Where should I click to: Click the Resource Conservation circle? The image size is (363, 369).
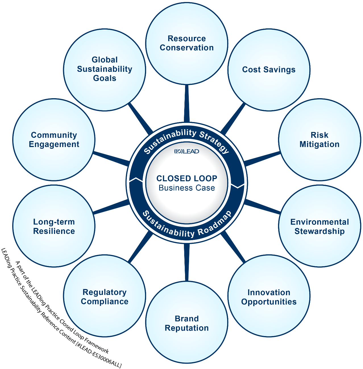[186, 43]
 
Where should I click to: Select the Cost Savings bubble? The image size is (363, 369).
[269, 70]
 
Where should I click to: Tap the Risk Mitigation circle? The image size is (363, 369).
[319, 139]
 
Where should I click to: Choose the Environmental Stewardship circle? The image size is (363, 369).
[319, 226]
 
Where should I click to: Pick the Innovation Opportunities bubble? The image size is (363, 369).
[269, 297]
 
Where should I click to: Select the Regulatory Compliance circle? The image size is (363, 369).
[104, 297]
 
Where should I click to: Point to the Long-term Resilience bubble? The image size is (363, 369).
[54, 226]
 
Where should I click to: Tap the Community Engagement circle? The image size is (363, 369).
[54, 139]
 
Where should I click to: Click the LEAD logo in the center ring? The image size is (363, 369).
[187, 152]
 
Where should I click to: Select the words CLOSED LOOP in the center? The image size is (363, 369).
[187, 179]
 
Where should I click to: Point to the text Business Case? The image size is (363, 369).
[187, 188]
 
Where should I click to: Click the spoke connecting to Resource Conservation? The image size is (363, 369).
[186, 104]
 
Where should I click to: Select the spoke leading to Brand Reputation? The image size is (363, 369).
[186, 263]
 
